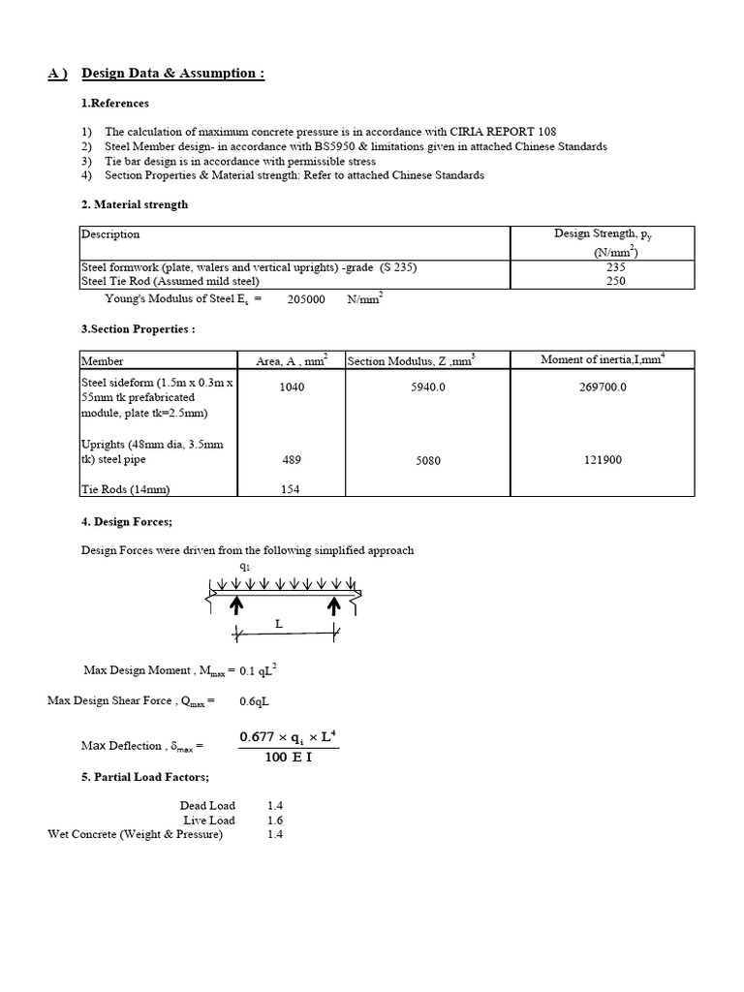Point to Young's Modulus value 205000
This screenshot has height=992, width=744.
pyautogui.click(x=306, y=299)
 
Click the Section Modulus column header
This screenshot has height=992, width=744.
pyautogui.click(x=411, y=360)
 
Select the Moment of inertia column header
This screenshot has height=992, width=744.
pyautogui.click(x=602, y=360)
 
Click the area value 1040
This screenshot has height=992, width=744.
pyautogui.click(x=291, y=386)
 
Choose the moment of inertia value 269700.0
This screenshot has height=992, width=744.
pyautogui.click(x=603, y=386)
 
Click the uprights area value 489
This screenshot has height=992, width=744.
pyautogui.click(x=291, y=460)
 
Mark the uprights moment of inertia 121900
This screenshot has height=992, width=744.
pyautogui.click(x=603, y=460)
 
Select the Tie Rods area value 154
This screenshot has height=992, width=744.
pyautogui.click(x=291, y=489)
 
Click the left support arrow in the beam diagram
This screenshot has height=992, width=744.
pyautogui.click(x=234, y=606)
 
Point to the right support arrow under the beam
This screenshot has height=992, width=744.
pyautogui.click(x=334, y=606)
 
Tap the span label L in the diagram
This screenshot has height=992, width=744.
pyautogui.click(x=279, y=625)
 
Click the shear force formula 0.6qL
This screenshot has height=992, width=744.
pyautogui.click(x=254, y=700)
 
